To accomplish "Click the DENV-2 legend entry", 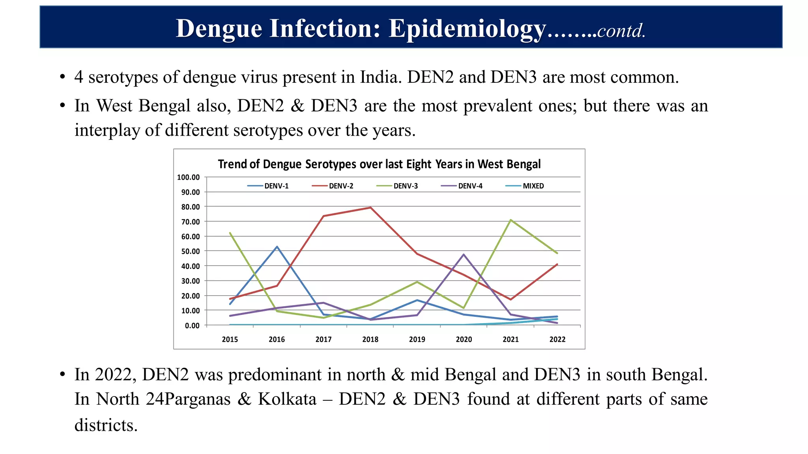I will coord(340,186).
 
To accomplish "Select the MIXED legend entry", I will coord(533,186).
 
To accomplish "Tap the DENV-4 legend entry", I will coord(469,186).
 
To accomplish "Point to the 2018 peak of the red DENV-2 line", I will coord(370,207).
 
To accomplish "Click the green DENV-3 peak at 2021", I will coord(511,220).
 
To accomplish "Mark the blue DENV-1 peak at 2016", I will coord(277,247).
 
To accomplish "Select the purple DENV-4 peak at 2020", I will coord(464,254).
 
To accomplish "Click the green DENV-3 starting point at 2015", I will coord(230,233).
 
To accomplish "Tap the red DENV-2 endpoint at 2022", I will coord(557,264).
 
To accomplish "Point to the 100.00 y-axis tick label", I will coord(188,177).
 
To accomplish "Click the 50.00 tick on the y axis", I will coord(190,251).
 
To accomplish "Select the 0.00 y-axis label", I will coord(192,326).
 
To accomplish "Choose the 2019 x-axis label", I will coord(417,339).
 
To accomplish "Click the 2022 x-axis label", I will coord(557,339).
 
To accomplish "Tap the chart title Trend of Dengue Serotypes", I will coord(379,164).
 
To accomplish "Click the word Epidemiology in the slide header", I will coord(467,28).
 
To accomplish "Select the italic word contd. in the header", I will coord(621,31).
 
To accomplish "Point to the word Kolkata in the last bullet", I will coord(287,399).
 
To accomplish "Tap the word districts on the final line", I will coord(106,425).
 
